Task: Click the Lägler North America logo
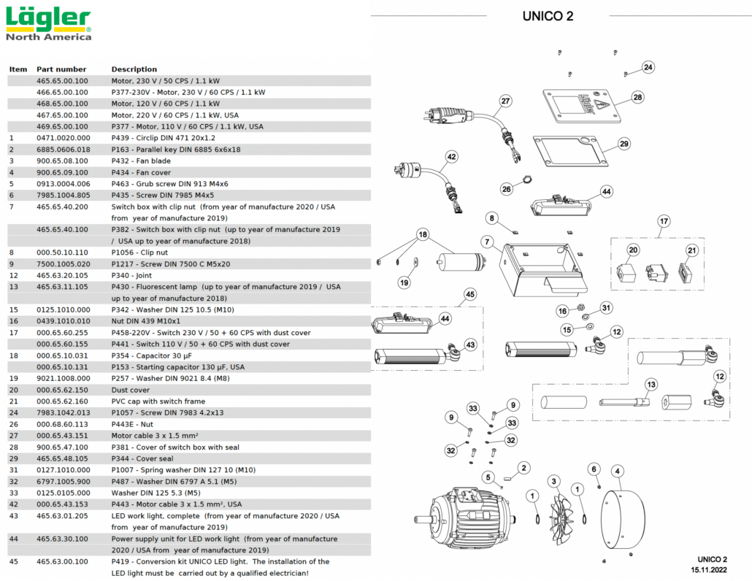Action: tap(49, 24)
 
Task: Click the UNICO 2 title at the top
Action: tap(548, 16)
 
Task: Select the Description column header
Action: tap(134, 69)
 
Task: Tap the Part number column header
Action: tap(61, 69)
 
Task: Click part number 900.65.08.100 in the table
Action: tap(62, 161)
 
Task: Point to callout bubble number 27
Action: tap(505, 101)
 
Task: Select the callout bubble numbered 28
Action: tap(637, 97)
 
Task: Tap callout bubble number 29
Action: tap(624, 144)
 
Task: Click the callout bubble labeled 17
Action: tap(663, 220)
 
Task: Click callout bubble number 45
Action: tap(469, 294)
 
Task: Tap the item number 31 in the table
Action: tap(12, 470)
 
